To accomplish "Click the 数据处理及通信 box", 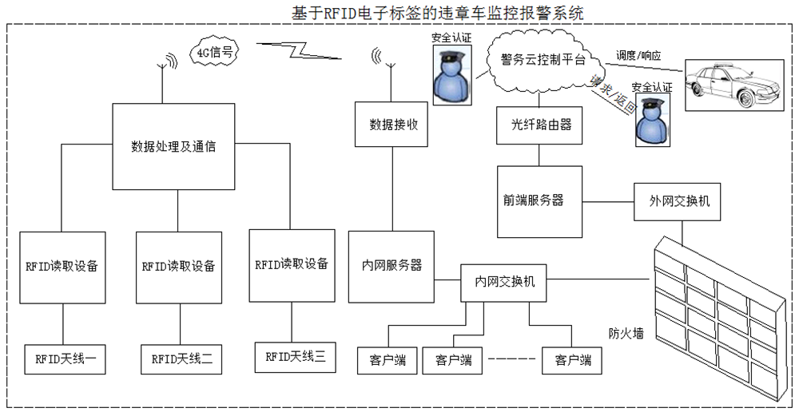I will [173, 147].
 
